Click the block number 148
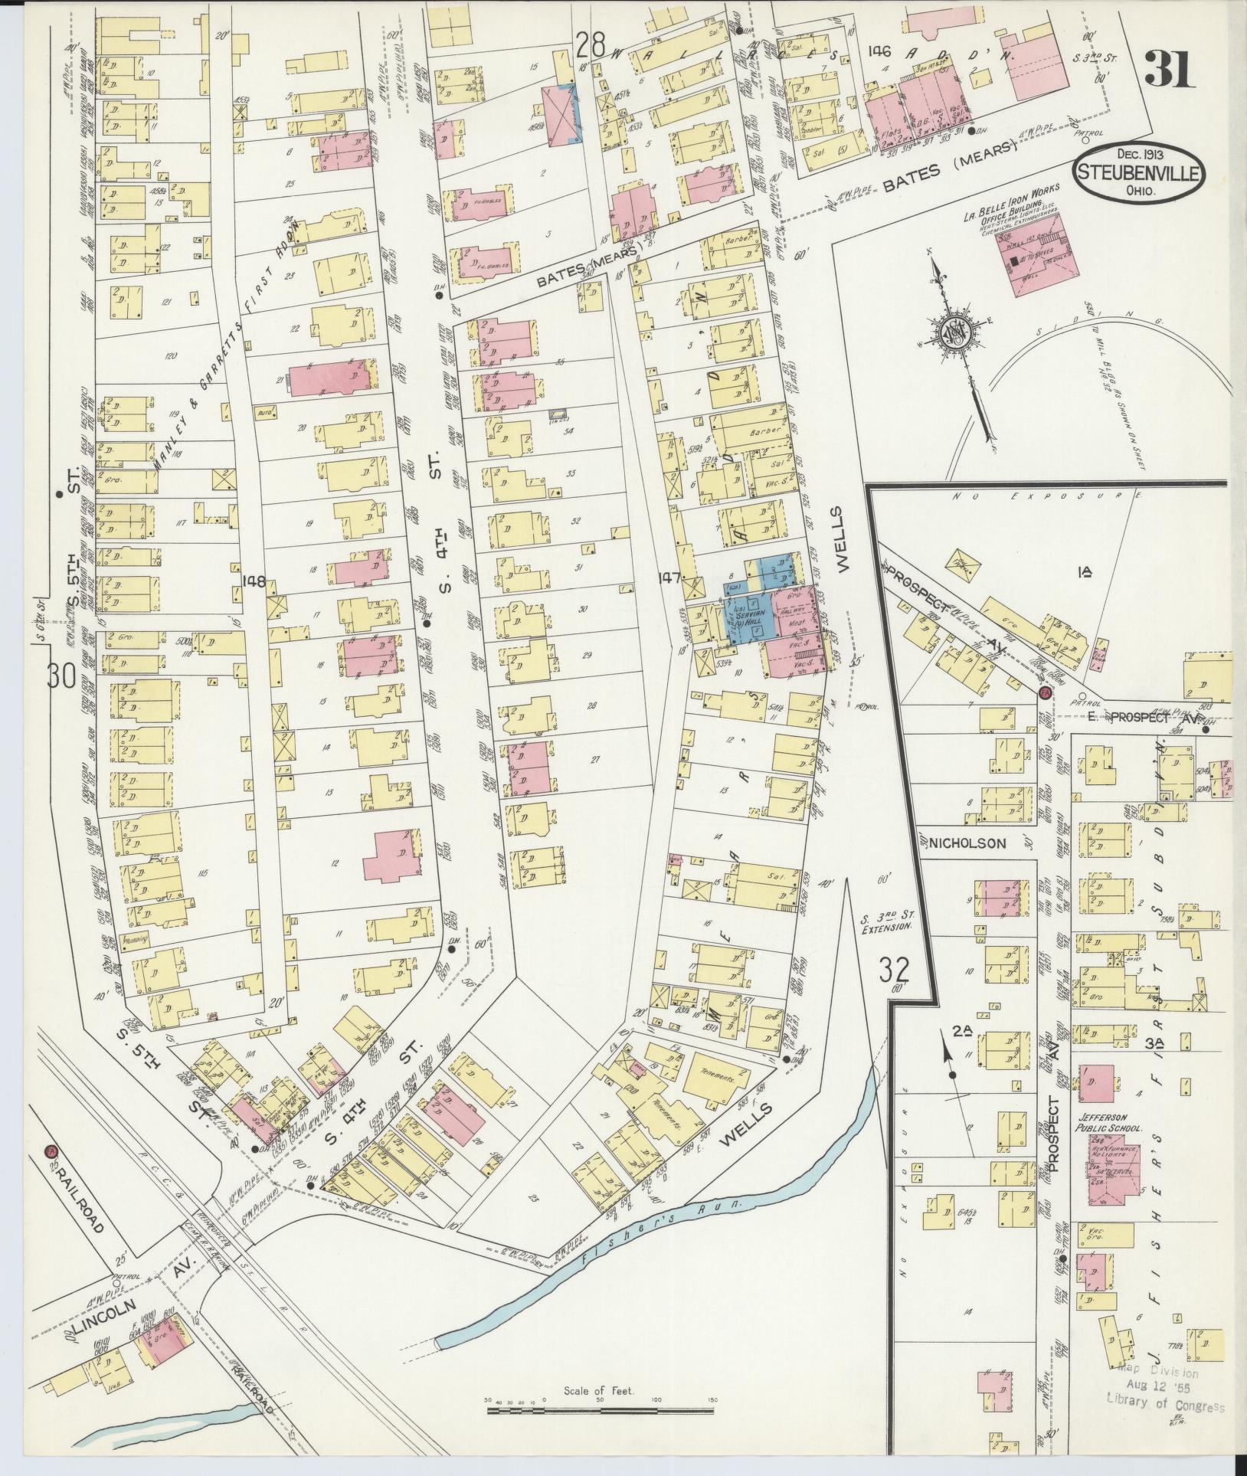(x=254, y=581)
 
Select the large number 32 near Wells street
(x=893, y=970)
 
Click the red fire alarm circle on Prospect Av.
(x=1046, y=692)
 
